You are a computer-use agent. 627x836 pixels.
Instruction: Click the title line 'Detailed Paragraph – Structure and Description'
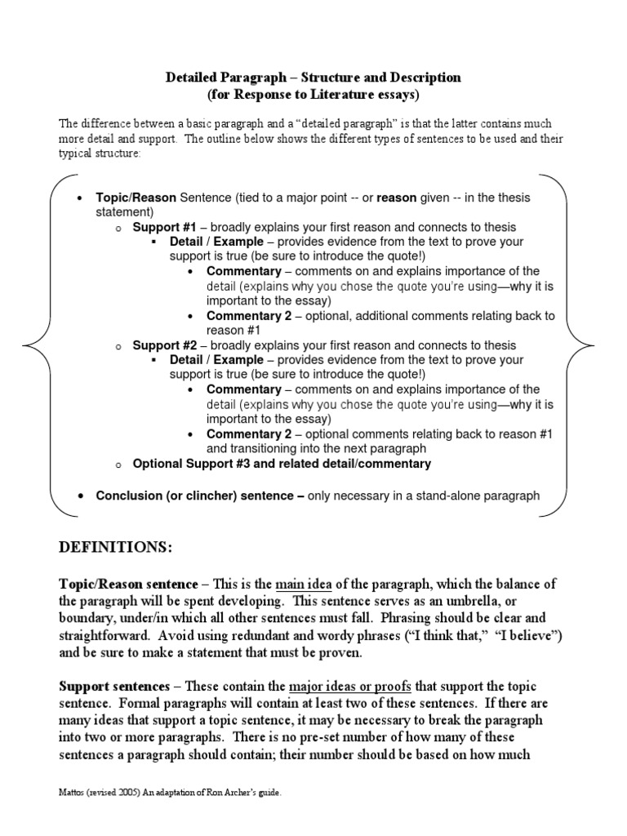313,78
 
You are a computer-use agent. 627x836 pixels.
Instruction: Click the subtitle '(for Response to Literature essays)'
313,95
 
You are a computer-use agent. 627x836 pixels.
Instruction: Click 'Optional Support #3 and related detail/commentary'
282,464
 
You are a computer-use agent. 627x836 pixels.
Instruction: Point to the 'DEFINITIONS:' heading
115,547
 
